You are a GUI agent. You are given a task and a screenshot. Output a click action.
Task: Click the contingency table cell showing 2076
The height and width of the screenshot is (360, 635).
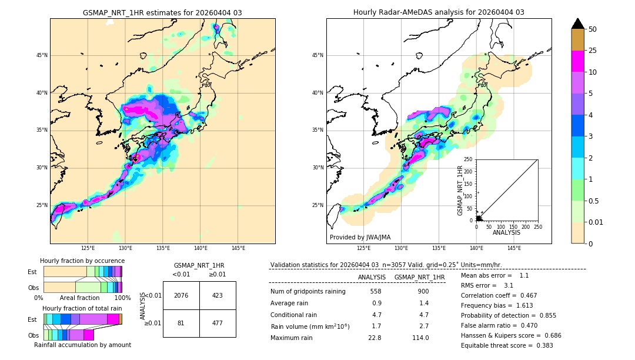tap(181, 295)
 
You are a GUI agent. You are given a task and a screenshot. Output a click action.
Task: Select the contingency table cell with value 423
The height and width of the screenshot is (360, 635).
tap(218, 295)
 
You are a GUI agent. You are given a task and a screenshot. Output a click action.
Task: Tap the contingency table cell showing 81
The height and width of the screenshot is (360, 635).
tap(181, 322)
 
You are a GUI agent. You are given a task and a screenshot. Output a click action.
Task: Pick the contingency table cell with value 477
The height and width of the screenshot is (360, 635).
tap(218, 322)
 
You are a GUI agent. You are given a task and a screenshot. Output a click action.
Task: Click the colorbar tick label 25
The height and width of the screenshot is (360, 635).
tap(593, 51)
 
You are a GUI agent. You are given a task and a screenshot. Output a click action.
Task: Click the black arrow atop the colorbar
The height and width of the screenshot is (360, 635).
tap(578, 24)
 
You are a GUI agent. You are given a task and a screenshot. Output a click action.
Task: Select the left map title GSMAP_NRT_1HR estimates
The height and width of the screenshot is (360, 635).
tap(162, 13)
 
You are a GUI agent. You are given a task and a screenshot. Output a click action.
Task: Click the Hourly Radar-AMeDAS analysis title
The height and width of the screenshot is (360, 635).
tap(439, 13)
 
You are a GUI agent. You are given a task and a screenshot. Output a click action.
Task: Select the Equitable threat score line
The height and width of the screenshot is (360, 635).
tap(507, 345)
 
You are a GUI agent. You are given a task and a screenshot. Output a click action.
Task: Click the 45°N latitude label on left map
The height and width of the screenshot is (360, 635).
tap(42, 55)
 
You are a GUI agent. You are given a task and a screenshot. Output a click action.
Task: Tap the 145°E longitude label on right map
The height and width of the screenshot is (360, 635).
tap(514, 248)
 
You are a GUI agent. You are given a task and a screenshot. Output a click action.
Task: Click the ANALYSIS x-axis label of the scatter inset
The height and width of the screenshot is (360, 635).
tap(506, 232)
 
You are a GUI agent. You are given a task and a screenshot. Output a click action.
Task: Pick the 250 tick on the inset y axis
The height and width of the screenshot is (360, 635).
tap(469, 159)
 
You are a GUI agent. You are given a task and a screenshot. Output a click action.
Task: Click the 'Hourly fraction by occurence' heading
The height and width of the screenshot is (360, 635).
tap(82, 261)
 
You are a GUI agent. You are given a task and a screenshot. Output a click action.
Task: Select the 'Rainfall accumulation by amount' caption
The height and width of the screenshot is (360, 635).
tap(82, 345)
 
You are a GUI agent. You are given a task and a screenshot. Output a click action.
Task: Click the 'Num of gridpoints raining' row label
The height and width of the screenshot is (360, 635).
tap(308, 292)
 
